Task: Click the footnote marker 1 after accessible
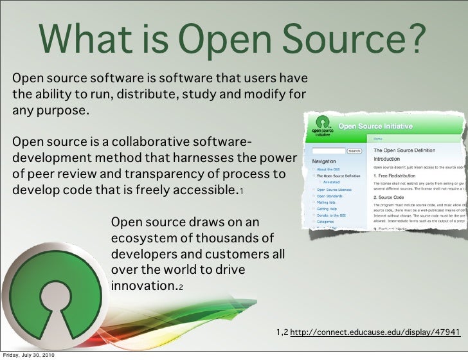[x=241, y=192]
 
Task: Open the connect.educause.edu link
[x=376, y=332]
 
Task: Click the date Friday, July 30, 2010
[x=29, y=355]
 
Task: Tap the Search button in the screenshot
[x=354, y=151]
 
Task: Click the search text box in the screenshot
[x=328, y=151]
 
